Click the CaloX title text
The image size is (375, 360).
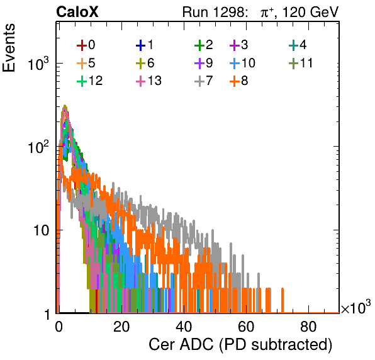click(x=77, y=12)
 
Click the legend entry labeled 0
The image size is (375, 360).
click(x=86, y=45)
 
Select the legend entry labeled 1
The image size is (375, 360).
click(x=145, y=45)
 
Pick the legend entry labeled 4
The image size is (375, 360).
click(x=298, y=45)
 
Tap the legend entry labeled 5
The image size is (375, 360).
click(x=86, y=63)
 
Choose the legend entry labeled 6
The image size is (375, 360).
click(x=145, y=63)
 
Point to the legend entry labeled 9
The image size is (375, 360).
click(x=203, y=63)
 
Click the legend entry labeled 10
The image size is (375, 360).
click(x=242, y=63)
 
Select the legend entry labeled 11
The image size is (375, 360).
click(x=301, y=63)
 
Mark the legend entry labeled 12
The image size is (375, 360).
click(x=90, y=81)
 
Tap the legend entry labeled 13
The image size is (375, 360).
click(x=148, y=81)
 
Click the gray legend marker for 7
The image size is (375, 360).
click(x=199, y=81)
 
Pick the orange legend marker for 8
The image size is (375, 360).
click(x=235, y=81)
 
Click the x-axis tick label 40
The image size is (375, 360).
click(x=184, y=327)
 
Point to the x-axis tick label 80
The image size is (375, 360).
click(x=308, y=327)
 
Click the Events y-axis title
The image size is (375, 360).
click(x=9, y=48)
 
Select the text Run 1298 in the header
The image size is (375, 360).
click(x=213, y=12)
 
